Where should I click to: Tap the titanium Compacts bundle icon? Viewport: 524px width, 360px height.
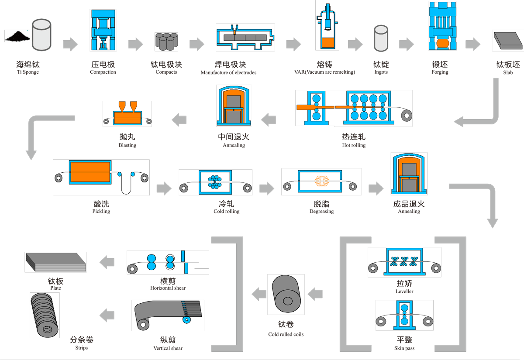(x=166, y=41)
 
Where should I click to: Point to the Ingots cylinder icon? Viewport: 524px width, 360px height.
(x=381, y=38)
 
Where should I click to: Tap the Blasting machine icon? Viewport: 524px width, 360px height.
(x=127, y=114)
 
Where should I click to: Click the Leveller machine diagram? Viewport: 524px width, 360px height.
(x=404, y=262)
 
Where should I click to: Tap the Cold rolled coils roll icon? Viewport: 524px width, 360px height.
(x=286, y=295)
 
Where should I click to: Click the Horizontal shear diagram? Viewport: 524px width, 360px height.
(x=168, y=262)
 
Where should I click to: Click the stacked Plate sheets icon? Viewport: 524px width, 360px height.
(x=55, y=262)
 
